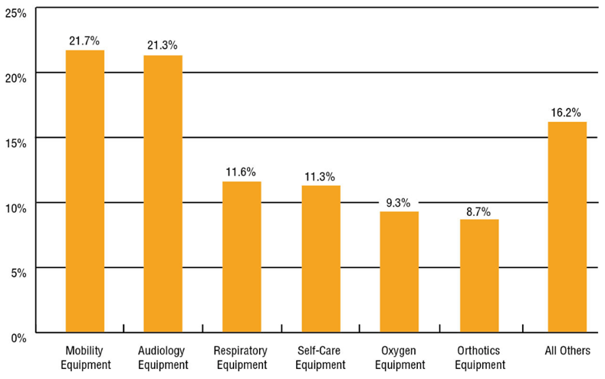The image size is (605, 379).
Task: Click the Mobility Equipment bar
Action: [x=85, y=191]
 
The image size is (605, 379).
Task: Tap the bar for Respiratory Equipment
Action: [x=242, y=256]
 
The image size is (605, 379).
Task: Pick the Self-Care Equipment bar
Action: [x=321, y=259]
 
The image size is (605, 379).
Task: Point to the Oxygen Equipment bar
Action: [x=399, y=272]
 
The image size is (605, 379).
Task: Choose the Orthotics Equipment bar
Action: [x=479, y=276]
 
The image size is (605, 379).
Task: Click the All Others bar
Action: [x=567, y=227]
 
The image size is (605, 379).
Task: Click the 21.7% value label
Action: [x=84, y=40]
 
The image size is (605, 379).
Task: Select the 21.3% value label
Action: [x=163, y=44]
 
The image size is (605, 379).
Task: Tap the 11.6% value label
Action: [x=241, y=172]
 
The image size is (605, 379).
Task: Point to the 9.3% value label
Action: [x=398, y=202]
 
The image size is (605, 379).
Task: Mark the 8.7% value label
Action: [x=478, y=209]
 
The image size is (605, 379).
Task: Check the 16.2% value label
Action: [x=567, y=112]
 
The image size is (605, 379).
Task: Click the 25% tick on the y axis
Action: [x=15, y=13]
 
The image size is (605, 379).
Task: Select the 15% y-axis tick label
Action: [x=15, y=142]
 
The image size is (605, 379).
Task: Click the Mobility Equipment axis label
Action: [x=84, y=358]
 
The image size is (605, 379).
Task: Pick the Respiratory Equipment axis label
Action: [x=241, y=358]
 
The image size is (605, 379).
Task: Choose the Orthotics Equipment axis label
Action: [x=479, y=358]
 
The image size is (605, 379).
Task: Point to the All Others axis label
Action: [x=567, y=351]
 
